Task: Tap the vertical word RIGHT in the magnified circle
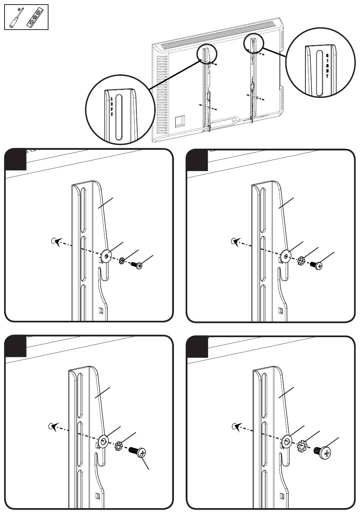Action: point(328,66)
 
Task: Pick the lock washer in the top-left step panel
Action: point(122,261)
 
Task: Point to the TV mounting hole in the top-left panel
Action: point(53,240)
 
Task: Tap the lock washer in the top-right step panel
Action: point(302,261)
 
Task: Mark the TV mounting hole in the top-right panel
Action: point(234,240)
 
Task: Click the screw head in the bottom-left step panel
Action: point(142,452)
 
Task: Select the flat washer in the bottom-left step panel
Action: point(103,441)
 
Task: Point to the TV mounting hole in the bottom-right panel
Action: point(234,426)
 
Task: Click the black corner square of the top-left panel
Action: point(16,159)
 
